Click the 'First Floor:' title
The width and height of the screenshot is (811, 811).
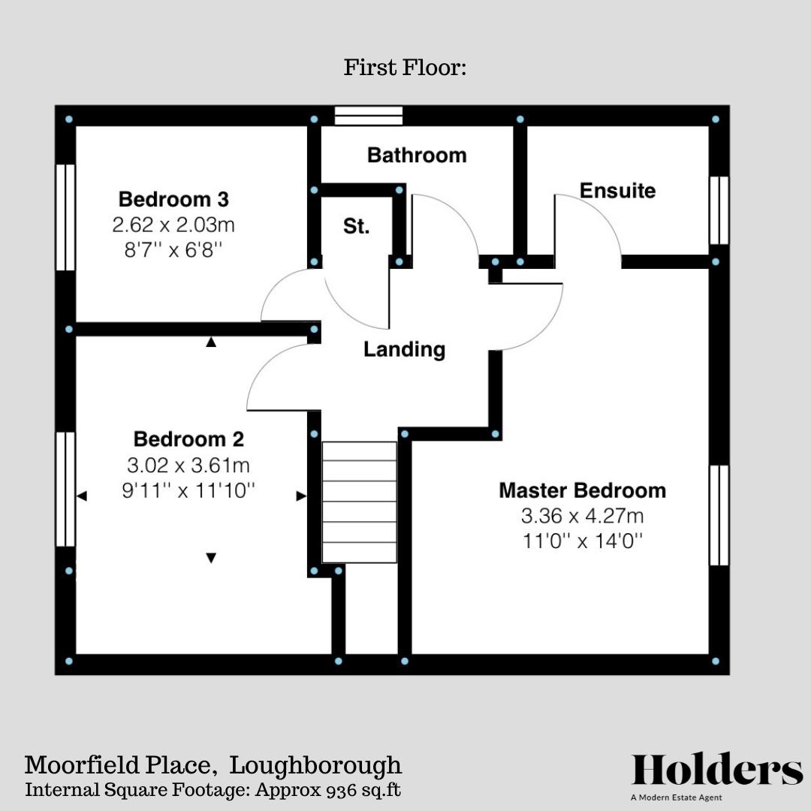405,68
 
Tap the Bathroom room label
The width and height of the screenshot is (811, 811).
417,155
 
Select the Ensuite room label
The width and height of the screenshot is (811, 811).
617,191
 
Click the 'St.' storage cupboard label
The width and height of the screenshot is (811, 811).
357,226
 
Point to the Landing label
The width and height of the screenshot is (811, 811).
404,349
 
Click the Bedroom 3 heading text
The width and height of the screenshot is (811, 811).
173,200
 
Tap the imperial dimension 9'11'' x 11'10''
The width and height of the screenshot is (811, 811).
188,491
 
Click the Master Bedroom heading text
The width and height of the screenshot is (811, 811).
582,491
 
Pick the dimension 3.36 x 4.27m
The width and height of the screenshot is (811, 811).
582,516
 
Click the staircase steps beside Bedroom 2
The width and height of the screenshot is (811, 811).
360,502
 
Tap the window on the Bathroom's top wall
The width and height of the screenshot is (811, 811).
369,116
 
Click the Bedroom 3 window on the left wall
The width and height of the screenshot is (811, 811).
66,217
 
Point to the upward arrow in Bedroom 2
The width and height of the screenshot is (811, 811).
211,342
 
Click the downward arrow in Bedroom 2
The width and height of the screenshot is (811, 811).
211,558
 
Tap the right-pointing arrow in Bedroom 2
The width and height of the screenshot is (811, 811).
301,496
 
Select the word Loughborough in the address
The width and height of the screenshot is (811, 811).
315,766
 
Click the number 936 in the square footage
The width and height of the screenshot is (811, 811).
342,790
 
